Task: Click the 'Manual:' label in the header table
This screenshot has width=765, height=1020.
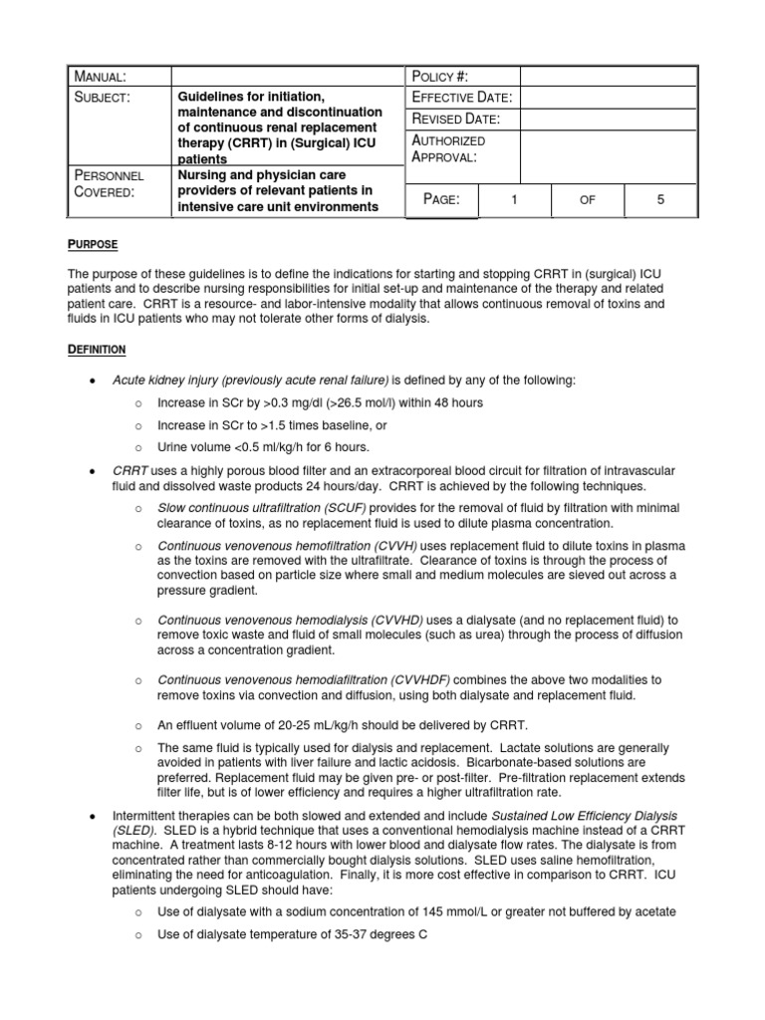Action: pos(98,78)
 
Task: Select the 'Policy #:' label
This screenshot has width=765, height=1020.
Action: pos(439,78)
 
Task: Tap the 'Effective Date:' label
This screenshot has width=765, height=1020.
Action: pos(462,98)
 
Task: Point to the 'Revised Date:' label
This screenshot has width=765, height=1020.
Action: pos(455,120)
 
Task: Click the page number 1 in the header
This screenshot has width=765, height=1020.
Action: pos(515,200)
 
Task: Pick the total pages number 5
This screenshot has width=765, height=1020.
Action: pos(659,200)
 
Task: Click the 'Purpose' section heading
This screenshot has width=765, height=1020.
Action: pos(95,245)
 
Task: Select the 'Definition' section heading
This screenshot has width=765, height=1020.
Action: pos(97,350)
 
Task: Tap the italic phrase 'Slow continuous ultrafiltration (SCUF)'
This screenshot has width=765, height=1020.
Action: pos(262,507)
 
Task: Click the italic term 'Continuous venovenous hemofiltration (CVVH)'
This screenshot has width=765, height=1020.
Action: pos(287,547)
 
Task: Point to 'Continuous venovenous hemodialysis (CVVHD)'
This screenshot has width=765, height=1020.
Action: pos(291,620)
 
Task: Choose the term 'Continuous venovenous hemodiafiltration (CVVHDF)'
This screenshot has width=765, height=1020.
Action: pos(303,679)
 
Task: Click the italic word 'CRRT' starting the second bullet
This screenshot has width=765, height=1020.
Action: pos(130,469)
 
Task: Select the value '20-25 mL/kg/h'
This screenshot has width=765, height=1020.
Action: pos(304,724)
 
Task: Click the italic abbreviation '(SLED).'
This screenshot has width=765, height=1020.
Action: pos(134,830)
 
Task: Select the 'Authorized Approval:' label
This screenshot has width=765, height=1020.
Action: pos(448,149)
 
